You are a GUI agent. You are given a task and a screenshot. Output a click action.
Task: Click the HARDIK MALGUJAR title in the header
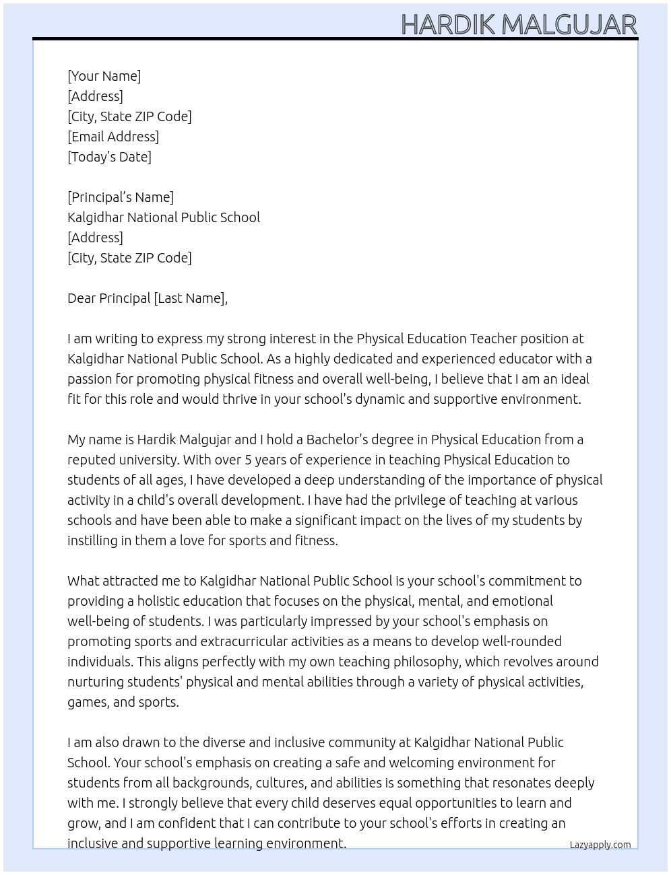point(519,24)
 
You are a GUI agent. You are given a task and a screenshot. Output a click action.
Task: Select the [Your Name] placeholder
point(104,76)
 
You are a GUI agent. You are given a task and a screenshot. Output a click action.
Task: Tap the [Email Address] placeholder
point(113,137)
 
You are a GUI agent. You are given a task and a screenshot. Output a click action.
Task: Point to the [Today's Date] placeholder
point(109,157)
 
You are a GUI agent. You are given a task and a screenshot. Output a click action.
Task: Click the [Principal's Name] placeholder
point(121,197)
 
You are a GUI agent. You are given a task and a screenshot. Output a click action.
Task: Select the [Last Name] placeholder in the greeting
point(189,298)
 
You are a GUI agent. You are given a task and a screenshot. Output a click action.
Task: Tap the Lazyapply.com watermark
point(600,845)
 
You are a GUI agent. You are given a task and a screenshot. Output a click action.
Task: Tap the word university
point(146,460)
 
